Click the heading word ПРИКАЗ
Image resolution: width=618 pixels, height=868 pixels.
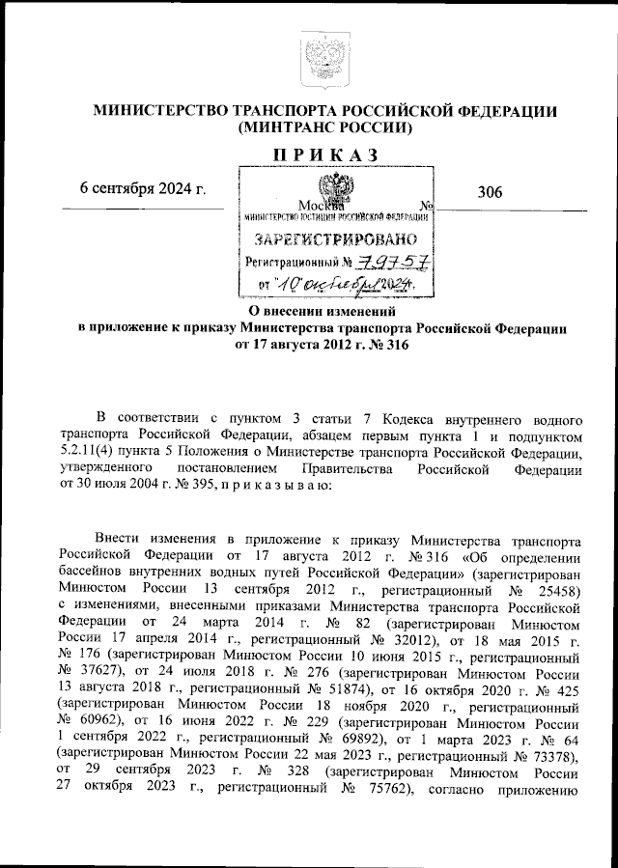(x=324, y=155)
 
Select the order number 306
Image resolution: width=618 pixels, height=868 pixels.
(x=490, y=192)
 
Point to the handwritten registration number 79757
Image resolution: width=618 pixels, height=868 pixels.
(x=393, y=262)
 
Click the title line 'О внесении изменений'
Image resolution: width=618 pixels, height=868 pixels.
(x=323, y=312)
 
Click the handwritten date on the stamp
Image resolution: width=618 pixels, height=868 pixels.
(x=345, y=284)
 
